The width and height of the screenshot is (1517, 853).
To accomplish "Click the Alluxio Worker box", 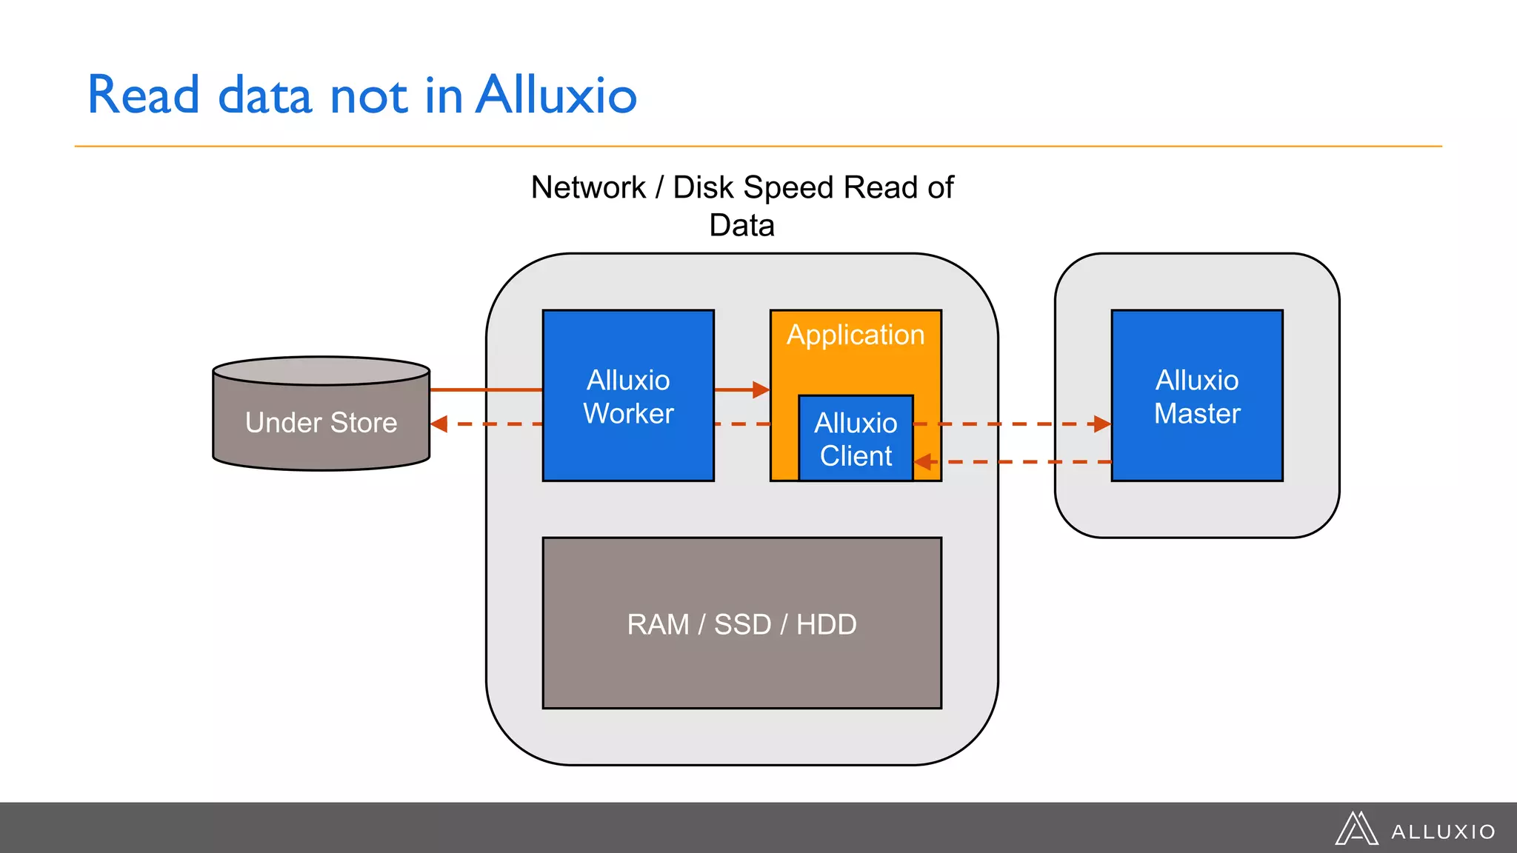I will pos(628,396).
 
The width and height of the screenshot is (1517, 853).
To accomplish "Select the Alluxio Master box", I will pos(1197,396).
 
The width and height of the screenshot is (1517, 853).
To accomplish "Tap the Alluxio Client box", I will pos(856,439).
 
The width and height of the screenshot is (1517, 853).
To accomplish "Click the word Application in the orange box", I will pos(856,335).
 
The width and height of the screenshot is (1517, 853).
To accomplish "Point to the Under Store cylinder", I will pos(321,422).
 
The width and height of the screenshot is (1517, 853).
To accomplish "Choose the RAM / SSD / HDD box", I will pos(742,623).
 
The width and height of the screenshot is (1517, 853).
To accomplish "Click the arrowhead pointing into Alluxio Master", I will pos(1102,424).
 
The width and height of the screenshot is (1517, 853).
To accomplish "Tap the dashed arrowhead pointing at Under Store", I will pos(439,424).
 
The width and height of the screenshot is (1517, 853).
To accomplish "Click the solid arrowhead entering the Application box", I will pos(761,389).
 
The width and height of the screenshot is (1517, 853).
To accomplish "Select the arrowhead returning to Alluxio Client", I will pos(923,462).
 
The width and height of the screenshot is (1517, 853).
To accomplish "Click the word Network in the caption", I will pos(588,187).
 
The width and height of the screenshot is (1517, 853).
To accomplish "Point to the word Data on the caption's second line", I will pos(741,225).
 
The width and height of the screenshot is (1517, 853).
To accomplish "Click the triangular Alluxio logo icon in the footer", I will pos(1356,829).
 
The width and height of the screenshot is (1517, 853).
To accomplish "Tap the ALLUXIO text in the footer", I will pos(1443,832).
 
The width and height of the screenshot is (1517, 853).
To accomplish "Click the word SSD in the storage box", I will pos(742,624).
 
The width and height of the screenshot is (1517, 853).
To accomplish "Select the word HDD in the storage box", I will pos(826,624).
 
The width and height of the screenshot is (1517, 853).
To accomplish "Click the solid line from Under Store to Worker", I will pos(486,389).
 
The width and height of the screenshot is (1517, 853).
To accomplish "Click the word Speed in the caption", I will pos(790,187).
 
